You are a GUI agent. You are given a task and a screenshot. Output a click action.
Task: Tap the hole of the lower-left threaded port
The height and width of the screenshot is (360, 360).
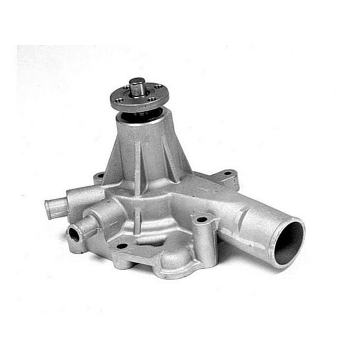(74, 236)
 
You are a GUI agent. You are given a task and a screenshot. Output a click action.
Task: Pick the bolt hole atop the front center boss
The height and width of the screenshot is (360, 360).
(201, 220)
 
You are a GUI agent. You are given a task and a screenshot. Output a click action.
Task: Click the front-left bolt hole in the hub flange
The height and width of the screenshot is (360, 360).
(120, 99)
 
